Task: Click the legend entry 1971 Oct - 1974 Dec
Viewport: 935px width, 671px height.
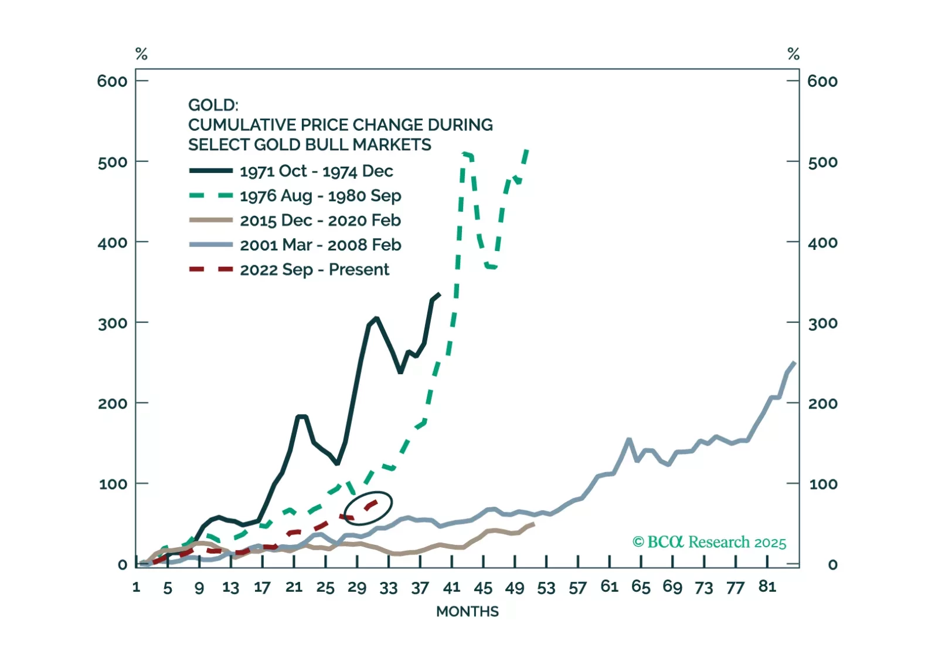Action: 316,171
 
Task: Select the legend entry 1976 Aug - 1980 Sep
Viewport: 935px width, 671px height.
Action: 320,196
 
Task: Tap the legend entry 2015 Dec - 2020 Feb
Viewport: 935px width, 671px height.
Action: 320,221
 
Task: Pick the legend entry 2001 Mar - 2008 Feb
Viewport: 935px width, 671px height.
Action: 320,245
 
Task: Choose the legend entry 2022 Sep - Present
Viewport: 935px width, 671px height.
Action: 314,270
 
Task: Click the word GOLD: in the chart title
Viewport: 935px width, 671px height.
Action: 213,105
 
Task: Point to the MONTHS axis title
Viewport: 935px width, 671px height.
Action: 467,612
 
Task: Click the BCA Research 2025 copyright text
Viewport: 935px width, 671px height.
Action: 709,542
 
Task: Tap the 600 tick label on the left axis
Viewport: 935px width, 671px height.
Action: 112,81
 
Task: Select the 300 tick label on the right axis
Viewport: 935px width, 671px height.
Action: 822,323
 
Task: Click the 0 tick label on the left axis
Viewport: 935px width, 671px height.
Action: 122,565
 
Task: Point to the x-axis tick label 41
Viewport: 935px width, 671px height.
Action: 451,587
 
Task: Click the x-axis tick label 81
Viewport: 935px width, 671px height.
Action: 767,587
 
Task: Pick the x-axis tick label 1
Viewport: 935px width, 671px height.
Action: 137,587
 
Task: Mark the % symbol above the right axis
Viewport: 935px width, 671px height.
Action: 793,55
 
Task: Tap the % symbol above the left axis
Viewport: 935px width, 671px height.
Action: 141,55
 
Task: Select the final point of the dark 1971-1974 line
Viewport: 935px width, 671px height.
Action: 440,294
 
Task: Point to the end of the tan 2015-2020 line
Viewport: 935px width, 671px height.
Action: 533,523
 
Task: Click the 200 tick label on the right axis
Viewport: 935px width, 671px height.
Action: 822,404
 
